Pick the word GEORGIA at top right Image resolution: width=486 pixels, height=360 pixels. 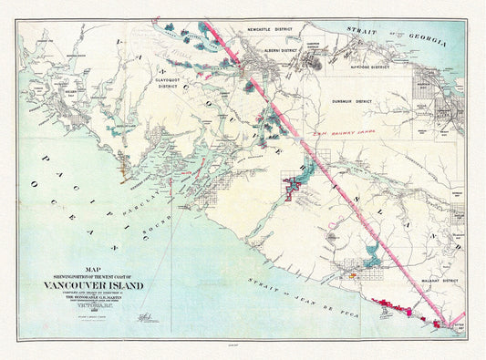click(427, 39)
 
